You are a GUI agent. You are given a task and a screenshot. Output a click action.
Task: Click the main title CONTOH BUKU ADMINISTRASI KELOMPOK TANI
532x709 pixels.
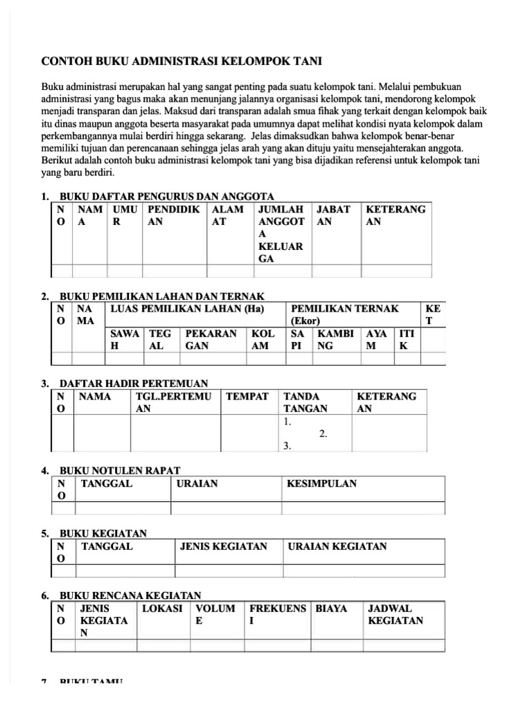coord(181,62)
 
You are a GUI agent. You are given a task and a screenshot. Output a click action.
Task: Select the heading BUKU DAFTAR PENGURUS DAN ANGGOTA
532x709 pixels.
coord(167,196)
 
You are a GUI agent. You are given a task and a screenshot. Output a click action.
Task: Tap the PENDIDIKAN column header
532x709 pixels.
coord(173,216)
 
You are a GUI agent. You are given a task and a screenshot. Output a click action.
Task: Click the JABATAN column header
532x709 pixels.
coord(333,216)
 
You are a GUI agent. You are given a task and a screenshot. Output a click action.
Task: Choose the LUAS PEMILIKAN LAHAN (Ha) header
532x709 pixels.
coord(188,308)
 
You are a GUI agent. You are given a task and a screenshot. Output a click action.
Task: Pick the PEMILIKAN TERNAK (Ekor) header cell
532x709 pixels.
coord(345,315)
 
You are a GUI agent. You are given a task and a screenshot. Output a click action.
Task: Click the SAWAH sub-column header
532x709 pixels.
coord(125,339)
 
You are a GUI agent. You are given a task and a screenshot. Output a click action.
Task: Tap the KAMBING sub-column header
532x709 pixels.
coord(336,339)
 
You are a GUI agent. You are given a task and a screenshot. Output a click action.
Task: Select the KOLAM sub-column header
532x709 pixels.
coord(263,339)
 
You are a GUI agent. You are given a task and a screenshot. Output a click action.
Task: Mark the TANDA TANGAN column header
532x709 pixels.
coord(305,402)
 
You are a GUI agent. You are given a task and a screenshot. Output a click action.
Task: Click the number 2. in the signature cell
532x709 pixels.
coord(323,434)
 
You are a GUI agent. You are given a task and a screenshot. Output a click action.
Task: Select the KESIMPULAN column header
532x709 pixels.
coord(321,484)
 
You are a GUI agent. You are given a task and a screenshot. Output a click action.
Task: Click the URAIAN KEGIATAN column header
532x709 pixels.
coord(337,546)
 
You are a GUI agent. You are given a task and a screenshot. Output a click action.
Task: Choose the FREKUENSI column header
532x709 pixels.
coord(277,614)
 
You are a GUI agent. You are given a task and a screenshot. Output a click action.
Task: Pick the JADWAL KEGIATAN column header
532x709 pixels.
coord(396,614)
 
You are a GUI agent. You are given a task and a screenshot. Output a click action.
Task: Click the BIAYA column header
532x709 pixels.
coord(331,609)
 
